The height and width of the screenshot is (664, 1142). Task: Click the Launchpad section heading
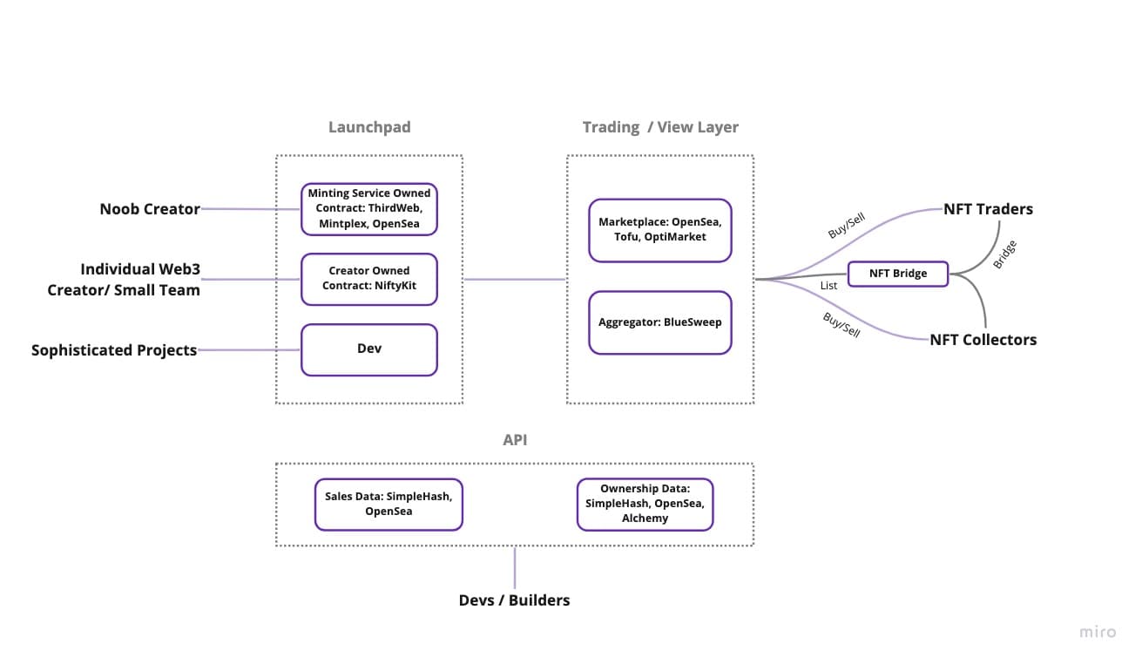pyautogui.click(x=369, y=127)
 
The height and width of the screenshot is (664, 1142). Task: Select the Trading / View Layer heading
pyautogui.click(x=660, y=127)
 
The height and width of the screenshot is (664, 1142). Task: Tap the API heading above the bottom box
pyautogui.click(x=515, y=440)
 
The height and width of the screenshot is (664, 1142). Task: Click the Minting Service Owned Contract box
pyautogui.click(x=369, y=209)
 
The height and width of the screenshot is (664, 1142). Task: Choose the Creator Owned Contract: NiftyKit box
pyautogui.click(x=369, y=279)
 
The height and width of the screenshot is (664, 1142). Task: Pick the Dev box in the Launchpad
pyautogui.click(x=369, y=349)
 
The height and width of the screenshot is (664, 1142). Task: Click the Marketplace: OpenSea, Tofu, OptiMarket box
pyautogui.click(x=659, y=230)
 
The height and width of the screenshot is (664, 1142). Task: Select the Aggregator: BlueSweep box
pyautogui.click(x=659, y=322)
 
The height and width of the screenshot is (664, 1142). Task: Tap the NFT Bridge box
pyautogui.click(x=898, y=274)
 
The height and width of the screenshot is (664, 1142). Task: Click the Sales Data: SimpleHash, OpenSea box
pyautogui.click(x=389, y=504)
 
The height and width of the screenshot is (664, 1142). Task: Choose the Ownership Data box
pyautogui.click(x=645, y=504)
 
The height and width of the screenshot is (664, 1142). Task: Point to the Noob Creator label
pyautogui.click(x=150, y=209)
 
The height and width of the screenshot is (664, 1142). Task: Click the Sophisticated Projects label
pyautogui.click(x=114, y=350)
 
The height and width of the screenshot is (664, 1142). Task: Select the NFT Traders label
pyautogui.click(x=988, y=209)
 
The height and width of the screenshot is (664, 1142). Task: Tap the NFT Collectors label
pyautogui.click(x=983, y=340)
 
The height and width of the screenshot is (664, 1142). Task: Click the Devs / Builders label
pyautogui.click(x=514, y=600)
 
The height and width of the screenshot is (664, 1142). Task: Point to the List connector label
pyautogui.click(x=828, y=286)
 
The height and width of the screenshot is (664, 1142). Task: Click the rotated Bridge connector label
pyautogui.click(x=1004, y=254)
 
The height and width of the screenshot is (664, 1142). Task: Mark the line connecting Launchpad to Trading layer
pyautogui.click(x=515, y=280)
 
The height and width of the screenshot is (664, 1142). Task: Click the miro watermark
pyautogui.click(x=1097, y=632)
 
